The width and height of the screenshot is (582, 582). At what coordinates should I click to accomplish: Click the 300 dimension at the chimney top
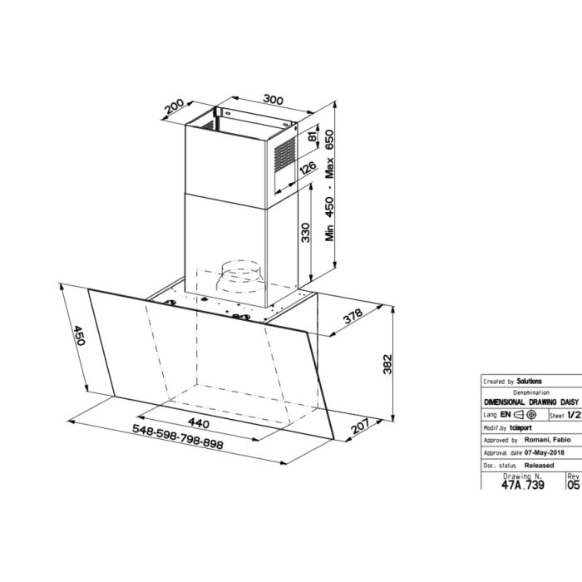tap(274, 100)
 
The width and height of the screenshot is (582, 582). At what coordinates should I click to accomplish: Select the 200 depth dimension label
tap(175, 106)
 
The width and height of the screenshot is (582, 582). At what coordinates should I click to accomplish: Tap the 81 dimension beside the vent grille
tap(313, 136)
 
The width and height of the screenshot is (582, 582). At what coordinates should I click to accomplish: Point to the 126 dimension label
tap(308, 168)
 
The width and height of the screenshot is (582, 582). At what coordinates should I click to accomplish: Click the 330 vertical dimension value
tap(305, 233)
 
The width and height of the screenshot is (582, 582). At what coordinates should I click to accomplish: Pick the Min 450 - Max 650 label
tap(329, 185)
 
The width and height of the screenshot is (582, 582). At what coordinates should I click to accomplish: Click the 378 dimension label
tap(353, 316)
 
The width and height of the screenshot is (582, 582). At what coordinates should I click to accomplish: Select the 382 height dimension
tap(387, 364)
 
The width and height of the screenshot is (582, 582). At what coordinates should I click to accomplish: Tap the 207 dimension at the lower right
tap(360, 426)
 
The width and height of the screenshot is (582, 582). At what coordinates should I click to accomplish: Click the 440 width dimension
tap(199, 422)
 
